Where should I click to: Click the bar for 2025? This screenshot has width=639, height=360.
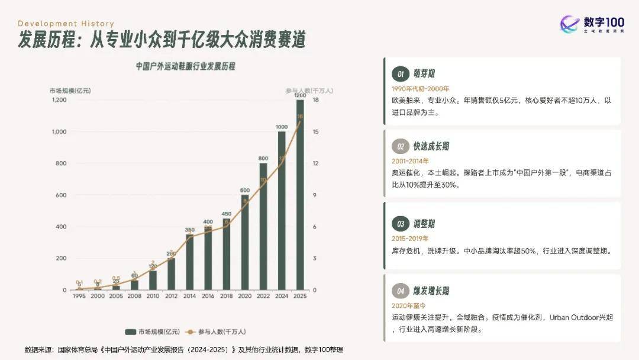pos(300,195)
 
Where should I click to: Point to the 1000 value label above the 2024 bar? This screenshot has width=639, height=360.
pos(282,127)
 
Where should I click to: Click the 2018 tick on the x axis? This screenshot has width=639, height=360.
pos(226,296)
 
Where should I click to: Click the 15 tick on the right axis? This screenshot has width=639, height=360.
pos(316,132)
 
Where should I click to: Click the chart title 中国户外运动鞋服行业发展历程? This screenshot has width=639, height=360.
pos(185,66)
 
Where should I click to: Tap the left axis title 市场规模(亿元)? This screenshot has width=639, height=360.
pos(70,91)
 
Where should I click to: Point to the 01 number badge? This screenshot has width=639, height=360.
pos(401,74)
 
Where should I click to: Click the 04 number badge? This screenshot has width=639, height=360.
pos(401,291)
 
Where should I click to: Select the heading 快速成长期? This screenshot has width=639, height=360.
pos(431,146)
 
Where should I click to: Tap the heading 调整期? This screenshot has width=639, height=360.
pos(424,224)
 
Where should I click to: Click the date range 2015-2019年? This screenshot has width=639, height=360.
pos(410,238)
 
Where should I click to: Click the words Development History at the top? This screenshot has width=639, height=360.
pos(65,24)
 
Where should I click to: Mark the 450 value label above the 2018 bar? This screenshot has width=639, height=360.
pos(226,214)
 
